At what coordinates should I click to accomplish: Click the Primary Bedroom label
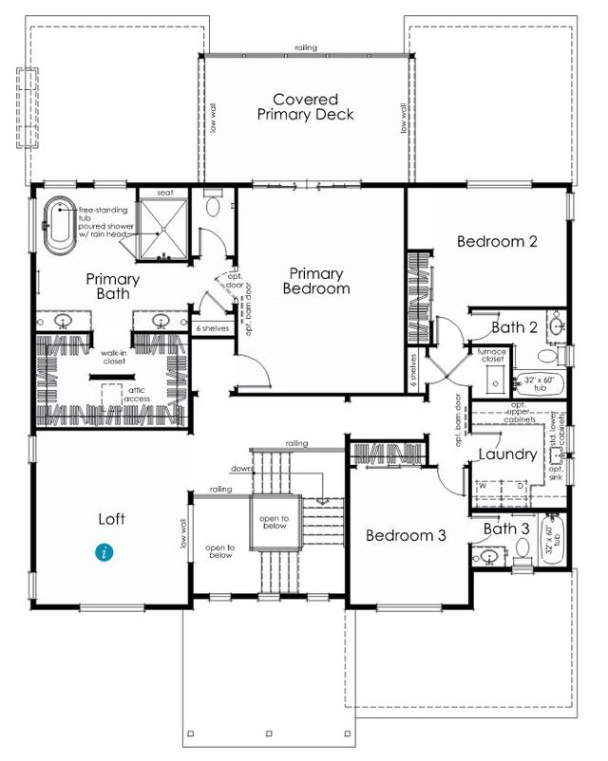pyautogui.click(x=317, y=280)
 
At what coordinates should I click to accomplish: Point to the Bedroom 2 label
pyautogui.click(x=497, y=242)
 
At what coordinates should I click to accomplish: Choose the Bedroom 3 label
pyautogui.click(x=407, y=535)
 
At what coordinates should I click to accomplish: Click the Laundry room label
pyautogui.click(x=508, y=455)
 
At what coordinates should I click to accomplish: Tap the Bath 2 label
pyautogui.click(x=514, y=327)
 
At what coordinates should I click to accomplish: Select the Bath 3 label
pyautogui.click(x=505, y=529)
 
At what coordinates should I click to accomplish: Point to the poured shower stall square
pyautogui.click(x=164, y=232)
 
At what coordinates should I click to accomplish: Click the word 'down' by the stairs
pyautogui.click(x=240, y=469)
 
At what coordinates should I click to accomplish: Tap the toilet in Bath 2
pyautogui.click(x=548, y=356)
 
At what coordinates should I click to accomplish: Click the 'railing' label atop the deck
pyautogui.click(x=306, y=47)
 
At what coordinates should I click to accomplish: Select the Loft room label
pyautogui.click(x=112, y=519)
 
